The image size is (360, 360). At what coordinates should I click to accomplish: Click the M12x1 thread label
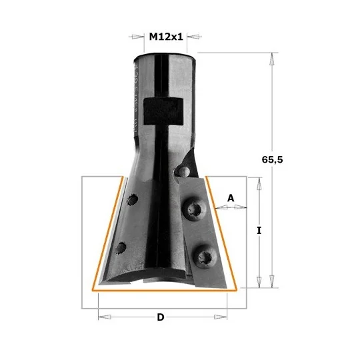pyautogui.click(x=166, y=37)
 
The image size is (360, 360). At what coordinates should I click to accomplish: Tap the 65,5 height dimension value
pyautogui.click(x=272, y=159)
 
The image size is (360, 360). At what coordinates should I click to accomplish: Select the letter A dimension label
pyautogui.click(x=231, y=198)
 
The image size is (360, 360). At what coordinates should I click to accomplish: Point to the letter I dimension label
pyautogui.click(x=259, y=230)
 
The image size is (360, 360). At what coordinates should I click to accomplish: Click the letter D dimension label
pyautogui.click(x=161, y=317)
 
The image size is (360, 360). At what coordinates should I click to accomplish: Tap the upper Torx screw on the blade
pyautogui.click(x=193, y=209)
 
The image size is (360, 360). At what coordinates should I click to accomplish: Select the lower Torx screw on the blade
pyautogui.click(x=205, y=257)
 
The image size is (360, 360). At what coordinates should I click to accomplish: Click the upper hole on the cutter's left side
pyautogui.click(x=133, y=200)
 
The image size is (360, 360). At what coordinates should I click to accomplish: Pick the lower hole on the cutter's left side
pyautogui.click(x=121, y=248)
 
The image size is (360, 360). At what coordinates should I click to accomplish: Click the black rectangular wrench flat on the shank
pyautogui.click(x=163, y=111)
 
